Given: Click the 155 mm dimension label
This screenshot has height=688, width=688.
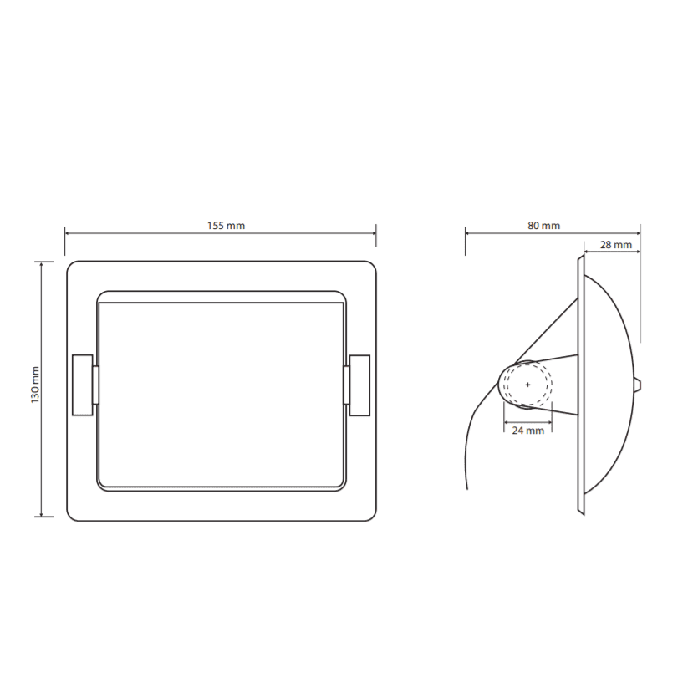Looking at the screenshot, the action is click(226, 226).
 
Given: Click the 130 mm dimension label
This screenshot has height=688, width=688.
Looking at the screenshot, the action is click(36, 385).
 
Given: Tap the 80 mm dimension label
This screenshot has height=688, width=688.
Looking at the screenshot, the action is click(543, 226).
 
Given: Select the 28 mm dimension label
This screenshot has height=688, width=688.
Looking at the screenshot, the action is click(616, 245).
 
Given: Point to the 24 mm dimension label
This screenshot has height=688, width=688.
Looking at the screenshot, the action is click(527, 431).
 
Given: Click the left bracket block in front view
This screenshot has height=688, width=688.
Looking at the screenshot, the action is click(83, 385).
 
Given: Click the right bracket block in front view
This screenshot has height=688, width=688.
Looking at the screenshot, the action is click(359, 385).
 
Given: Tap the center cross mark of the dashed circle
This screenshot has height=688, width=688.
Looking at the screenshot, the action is click(527, 385).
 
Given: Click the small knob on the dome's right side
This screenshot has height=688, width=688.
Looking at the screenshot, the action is click(639, 385).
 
